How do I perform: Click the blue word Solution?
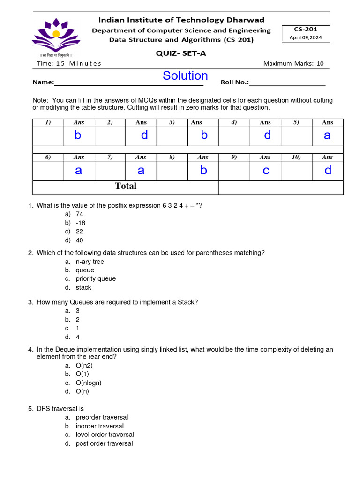[x=185, y=76]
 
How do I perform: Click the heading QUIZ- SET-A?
[x=180, y=53]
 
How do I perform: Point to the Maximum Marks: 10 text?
[x=293, y=64]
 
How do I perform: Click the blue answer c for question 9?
[x=266, y=171]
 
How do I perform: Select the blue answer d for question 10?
[x=328, y=170]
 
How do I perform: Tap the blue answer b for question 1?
[x=78, y=135]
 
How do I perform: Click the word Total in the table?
[x=126, y=186]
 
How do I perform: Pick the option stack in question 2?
[x=83, y=287]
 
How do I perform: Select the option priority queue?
[x=96, y=278]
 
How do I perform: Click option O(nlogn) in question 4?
[x=88, y=382]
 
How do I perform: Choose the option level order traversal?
[x=105, y=435]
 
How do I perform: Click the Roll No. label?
[x=234, y=82]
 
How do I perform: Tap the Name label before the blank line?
[x=43, y=82]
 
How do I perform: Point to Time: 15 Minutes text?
[x=69, y=64]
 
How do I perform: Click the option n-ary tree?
[x=90, y=262]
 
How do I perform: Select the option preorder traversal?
[x=102, y=417]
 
